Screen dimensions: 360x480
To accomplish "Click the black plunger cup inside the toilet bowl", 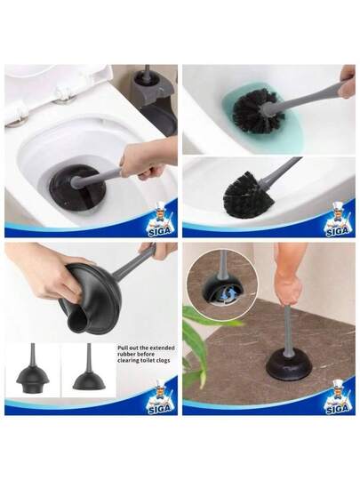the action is (x=77, y=187).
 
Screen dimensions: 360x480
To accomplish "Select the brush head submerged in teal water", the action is (x=258, y=110).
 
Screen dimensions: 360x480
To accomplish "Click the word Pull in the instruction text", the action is (x=123, y=348).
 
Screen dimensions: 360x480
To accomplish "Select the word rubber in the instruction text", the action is (x=126, y=354).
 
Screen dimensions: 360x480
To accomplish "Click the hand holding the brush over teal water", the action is (x=348, y=82).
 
